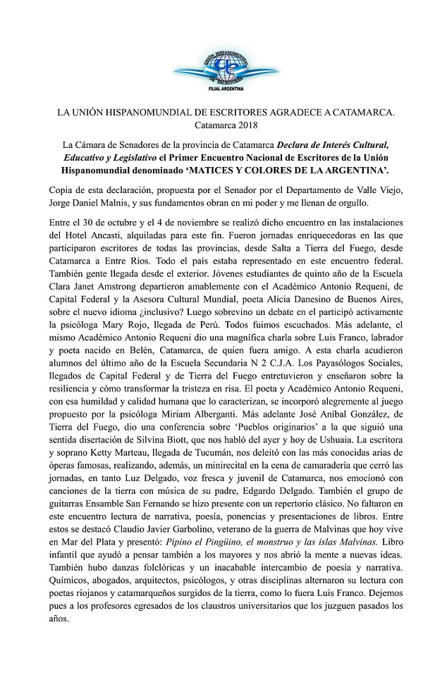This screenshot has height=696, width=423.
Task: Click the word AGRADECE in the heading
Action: point(289,113)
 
